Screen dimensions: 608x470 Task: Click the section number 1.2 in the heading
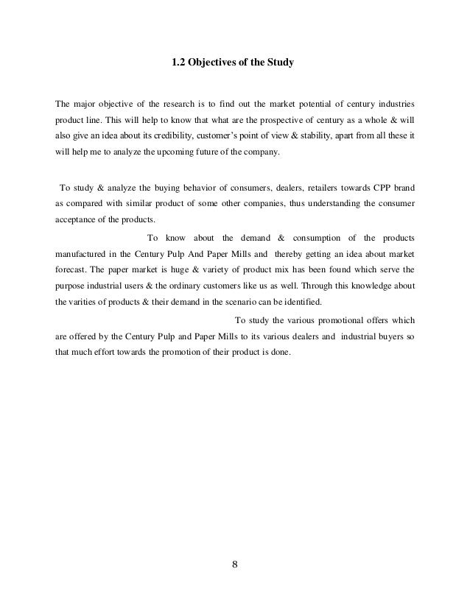pyautogui.click(x=178, y=64)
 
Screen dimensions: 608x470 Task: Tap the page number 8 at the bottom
pyautogui.click(x=235, y=565)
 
